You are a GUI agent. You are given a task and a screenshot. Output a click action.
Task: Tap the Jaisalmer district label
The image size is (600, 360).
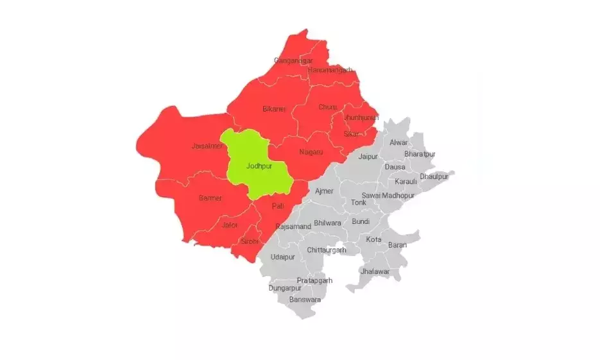pyautogui.click(x=207, y=146)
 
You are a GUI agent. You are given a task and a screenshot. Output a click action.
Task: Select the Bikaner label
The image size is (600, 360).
pyautogui.click(x=275, y=109)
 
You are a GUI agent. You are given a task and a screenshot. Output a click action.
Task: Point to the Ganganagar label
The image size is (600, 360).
pyautogui.click(x=289, y=60)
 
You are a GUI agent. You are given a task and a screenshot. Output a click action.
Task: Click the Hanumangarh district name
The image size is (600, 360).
pyautogui.click(x=330, y=70)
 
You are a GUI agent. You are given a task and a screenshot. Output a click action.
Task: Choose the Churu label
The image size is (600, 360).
pyautogui.click(x=327, y=107)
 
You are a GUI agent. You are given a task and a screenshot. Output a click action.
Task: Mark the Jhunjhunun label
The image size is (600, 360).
pyautogui.click(x=361, y=118)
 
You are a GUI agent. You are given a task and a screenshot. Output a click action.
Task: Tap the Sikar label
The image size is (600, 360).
pyautogui.click(x=352, y=133)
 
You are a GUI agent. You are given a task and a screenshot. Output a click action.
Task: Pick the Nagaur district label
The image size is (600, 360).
pyautogui.click(x=311, y=152)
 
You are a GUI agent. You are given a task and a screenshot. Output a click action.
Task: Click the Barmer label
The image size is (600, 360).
pyautogui.click(x=210, y=198)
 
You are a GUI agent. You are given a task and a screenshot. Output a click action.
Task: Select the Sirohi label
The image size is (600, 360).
pyautogui.click(x=250, y=241)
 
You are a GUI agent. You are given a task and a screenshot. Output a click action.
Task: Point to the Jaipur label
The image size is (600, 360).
pyautogui.click(x=368, y=157)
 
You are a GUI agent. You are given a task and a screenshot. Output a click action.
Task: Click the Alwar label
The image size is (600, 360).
pyautogui.click(x=399, y=142)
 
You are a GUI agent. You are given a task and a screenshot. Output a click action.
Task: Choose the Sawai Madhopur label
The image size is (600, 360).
pyautogui.click(x=388, y=195)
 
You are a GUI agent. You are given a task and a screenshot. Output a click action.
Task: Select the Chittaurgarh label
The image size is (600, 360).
pyautogui.click(x=327, y=250)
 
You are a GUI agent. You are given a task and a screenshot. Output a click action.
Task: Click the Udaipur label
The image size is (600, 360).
pyautogui.click(x=282, y=257)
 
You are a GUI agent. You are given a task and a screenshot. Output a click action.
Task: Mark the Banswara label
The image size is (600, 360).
pyautogui.click(x=305, y=300)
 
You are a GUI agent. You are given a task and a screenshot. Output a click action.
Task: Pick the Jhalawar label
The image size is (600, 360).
pyautogui.click(x=375, y=271)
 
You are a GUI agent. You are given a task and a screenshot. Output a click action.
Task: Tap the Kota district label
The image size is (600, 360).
pyautogui.click(x=373, y=239)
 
